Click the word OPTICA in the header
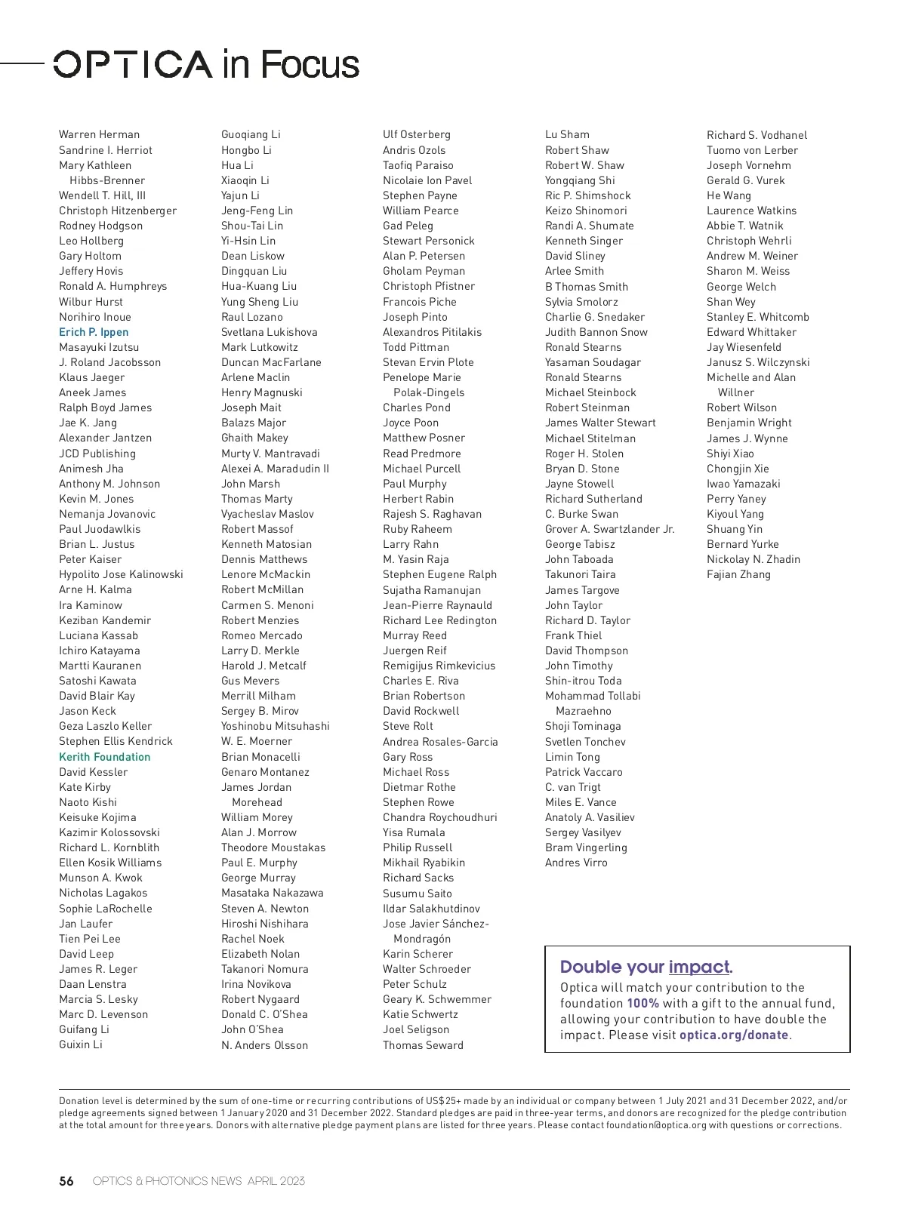click(x=133, y=65)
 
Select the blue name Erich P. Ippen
click(x=94, y=332)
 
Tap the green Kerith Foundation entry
click(x=105, y=757)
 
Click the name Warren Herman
click(x=99, y=134)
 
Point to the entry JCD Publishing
click(x=97, y=454)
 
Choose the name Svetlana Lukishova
click(x=270, y=332)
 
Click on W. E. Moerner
click(x=257, y=741)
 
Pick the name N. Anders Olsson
click(x=265, y=1045)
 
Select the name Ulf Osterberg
click(x=417, y=134)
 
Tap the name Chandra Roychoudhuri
click(x=440, y=817)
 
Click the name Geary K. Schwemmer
click(x=437, y=999)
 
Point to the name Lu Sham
click(x=568, y=134)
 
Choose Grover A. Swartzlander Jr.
click(x=610, y=529)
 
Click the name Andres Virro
click(x=576, y=863)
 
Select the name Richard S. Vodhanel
click(x=757, y=135)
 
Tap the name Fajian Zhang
click(x=739, y=574)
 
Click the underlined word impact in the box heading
click(x=699, y=967)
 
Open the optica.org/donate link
click(x=734, y=1035)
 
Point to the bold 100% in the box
click(x=643, y=1004)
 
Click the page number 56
click(x=66, y=1181)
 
